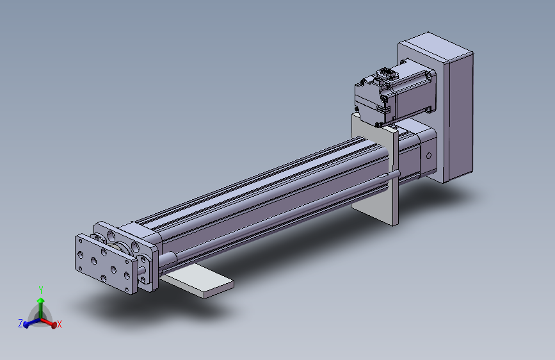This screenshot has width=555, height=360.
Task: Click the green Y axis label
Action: coord(41,290)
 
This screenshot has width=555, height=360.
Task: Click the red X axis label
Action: coord(60,324)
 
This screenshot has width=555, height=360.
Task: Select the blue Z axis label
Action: coord(20,323)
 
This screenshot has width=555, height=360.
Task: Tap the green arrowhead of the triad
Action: coord(41,300)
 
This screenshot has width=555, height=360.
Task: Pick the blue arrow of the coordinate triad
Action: coord(29,323)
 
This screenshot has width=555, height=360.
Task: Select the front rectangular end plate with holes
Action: coord(102,263)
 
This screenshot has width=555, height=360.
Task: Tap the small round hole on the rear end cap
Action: coord(428,156)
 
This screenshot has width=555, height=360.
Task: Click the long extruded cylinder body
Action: coord(269,192)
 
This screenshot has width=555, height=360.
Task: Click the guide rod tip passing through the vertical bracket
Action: coord(397,173)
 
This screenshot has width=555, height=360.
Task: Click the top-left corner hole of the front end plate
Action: coord(81,242)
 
